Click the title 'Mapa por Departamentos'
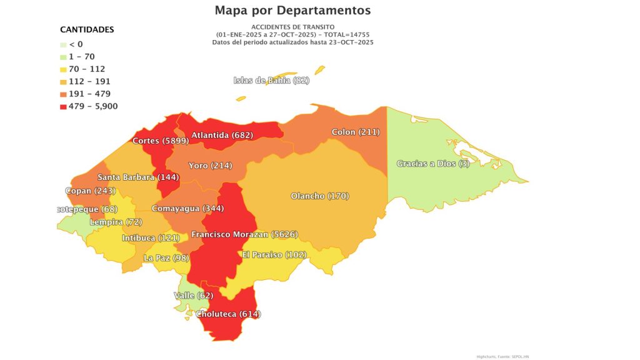(x=292, y=11)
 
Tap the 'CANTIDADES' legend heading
(x=87, y=29)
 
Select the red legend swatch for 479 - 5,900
(x=64, y=106)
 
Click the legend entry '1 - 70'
(x=82, y=56)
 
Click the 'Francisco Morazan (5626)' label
(x=244, y=234)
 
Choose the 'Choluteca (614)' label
(x=228, y=314)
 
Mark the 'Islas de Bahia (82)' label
(x=271, y=80)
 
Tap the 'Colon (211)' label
(x=356, y=132)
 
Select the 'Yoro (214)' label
(x=210, y=166)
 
